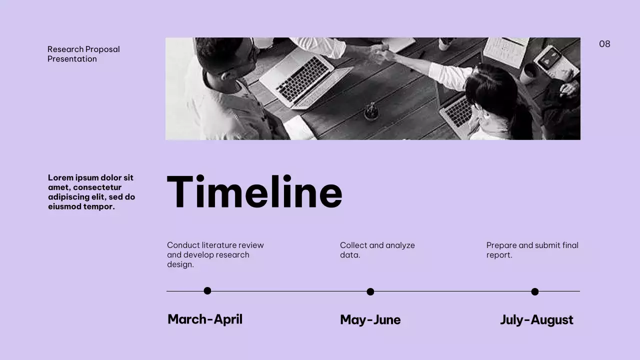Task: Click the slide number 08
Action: tap(604, 44)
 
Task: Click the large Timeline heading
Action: tap(254, 192)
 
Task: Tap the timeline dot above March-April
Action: tap(207, 291)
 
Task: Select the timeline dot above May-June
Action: tap(370, 291)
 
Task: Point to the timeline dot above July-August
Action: tap(534, 291)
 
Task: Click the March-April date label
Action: tap(205, 319)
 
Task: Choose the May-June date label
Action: tap(370, 319)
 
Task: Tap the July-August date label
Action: tap(536, 319)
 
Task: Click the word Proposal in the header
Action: tap(102, 49)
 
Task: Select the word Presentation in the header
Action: tap(72, 59)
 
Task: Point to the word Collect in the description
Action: tap(353, 245)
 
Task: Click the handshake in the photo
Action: tap(379, 52)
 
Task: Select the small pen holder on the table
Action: tap(371, 111)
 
